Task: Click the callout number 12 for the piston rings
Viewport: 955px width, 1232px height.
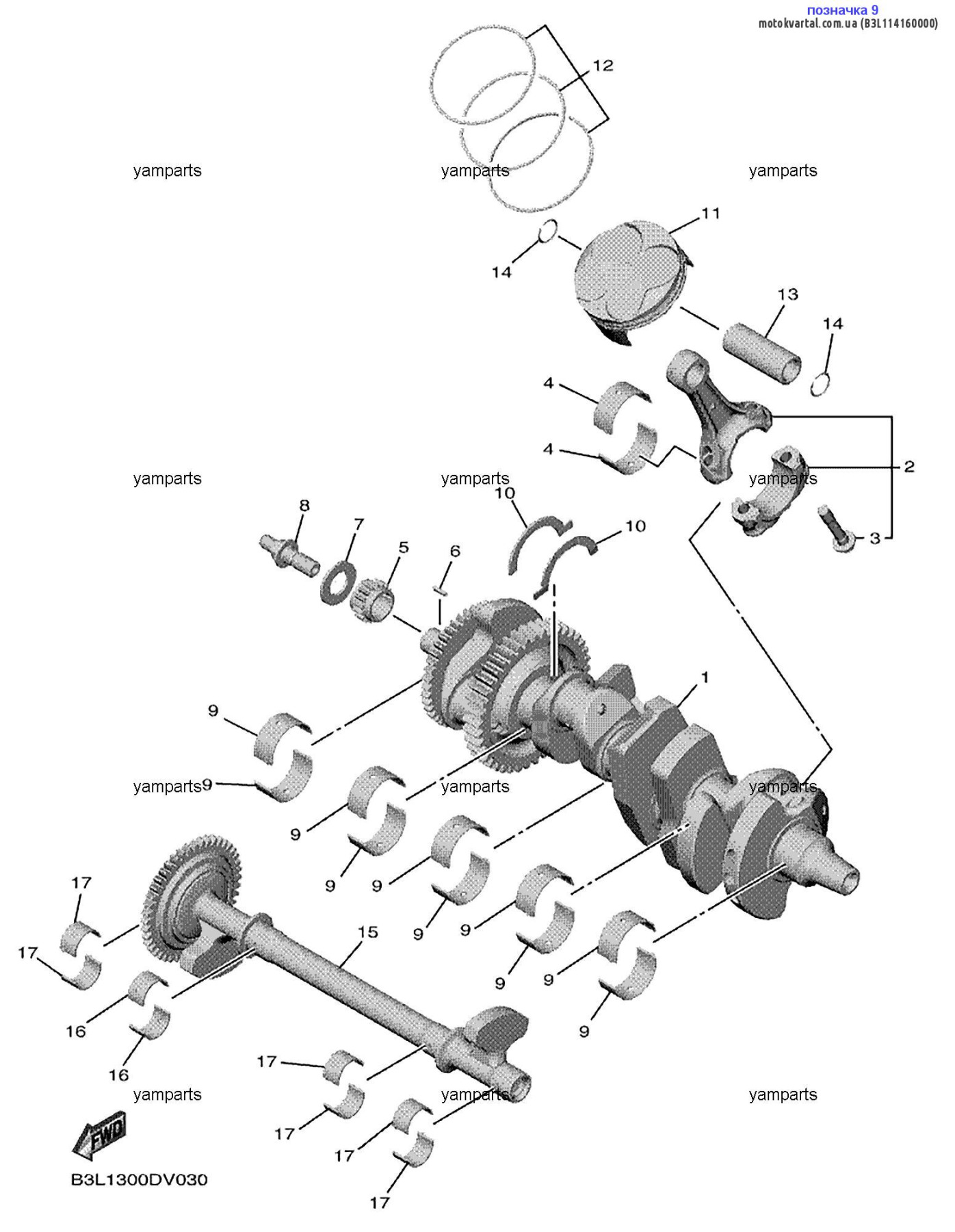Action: point(603,66)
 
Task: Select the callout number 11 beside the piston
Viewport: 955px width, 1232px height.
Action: point(711,214)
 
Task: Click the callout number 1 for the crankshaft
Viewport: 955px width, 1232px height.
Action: point(705,678)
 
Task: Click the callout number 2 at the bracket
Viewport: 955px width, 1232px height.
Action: point(909,467)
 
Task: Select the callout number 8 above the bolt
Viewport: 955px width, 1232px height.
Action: point(304,505)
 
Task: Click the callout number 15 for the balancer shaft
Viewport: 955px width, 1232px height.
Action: point(368,932)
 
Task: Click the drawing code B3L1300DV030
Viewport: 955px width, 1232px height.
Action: point(140,1179)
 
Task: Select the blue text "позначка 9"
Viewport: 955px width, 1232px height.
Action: point(842,10)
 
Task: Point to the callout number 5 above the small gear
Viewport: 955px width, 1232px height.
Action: point(404,547)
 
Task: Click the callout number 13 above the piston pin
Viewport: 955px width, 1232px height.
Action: point(787,294)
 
